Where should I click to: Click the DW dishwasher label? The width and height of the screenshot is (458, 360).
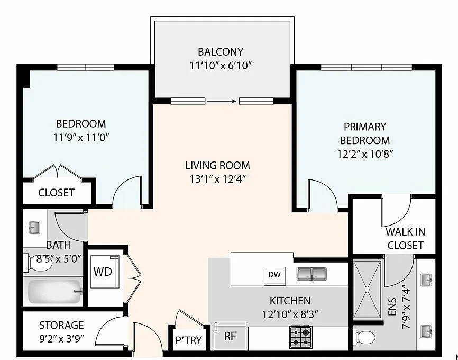[x=274, y=274]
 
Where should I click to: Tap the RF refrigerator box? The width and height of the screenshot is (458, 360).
[x=230, y=336]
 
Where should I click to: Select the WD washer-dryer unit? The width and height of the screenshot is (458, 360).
[x=103, y=272]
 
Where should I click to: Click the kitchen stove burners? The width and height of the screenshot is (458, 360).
[x=301, y=336]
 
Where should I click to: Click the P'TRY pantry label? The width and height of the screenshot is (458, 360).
[x=188, y=340]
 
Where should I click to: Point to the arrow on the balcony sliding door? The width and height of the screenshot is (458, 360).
[x=222, y=101]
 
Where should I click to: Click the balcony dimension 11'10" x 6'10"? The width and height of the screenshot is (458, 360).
[x=221, y=66]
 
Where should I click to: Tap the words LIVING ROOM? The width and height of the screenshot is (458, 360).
[x=217, y=165]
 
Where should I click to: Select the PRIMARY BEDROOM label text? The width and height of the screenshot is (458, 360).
[x=365, y=133]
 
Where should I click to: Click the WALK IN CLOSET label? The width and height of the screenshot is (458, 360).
[x=405, y=238]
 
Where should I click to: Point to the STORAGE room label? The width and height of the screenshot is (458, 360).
[x=61, y=325]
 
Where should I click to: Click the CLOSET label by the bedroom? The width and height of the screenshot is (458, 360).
[x=56, y=193]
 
